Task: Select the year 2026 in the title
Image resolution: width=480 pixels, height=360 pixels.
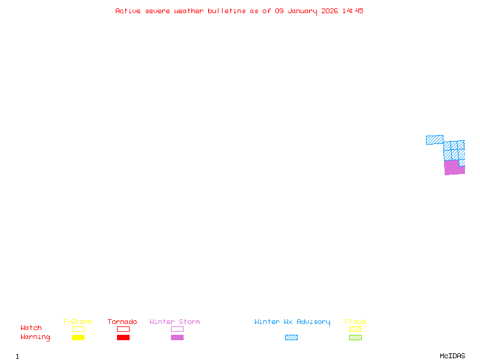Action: pyautogui.click(x=329, y=11)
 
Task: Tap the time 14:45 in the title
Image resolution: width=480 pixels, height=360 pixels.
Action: pyautogui.click(x=353, y=11)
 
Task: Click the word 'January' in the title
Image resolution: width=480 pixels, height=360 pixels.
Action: pyautogui.click(x=302, y=11)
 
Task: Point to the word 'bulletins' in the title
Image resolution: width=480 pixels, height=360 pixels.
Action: pyautogui.click(x=227, y=11)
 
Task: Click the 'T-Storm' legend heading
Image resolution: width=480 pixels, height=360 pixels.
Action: pyautogui.click(x=77, y=322)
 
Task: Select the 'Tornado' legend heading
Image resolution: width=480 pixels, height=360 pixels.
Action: pyautogui.click(x=122, y=322)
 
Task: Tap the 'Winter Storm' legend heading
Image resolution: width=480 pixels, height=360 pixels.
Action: pyautogui.click(x=175, y=322)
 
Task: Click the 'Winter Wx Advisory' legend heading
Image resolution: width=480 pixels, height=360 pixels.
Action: pyautogui.click(x=292, y=322)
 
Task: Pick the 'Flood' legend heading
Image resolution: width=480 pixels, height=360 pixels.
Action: pyautogui.click(x=355, y=322)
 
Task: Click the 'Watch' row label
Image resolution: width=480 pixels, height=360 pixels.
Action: pyautogui.click(x=31, y=328)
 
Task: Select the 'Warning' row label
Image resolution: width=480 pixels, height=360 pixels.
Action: pyautogui.click(x=35, y=337)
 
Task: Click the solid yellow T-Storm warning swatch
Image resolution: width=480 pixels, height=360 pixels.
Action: pyautogui.click(x=79, y=337)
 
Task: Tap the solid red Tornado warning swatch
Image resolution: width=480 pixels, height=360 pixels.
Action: pyautogui.click(x=124, y=337)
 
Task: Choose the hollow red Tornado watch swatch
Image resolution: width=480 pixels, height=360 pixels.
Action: pyautogui.click(x=124, y=326)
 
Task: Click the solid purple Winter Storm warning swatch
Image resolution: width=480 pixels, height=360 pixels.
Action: pyautogui.click(x=177, y=337)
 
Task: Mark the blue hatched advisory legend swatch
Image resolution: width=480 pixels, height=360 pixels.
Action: pyautogui.click(x=291, y=337)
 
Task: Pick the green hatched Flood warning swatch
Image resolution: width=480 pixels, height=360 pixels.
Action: pyautogui.click(x=355, y=337)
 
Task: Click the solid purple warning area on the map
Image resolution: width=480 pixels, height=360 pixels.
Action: pyautogui.click(x=452, y=167)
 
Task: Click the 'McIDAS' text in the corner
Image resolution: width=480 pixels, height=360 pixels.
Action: pyautogui.click(x=452, y=356)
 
